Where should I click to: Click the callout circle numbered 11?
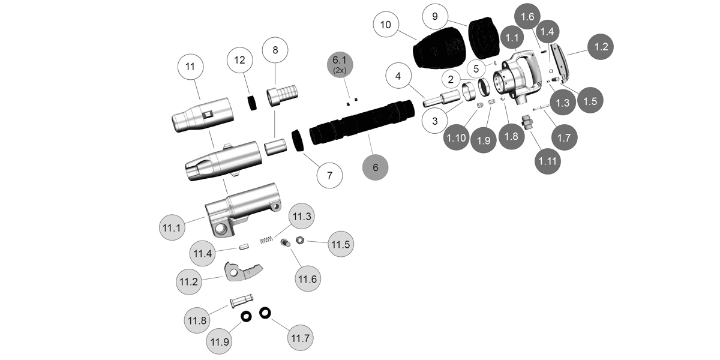click(190, 68)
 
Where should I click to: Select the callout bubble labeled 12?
click(240, 60)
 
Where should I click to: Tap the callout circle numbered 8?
click(275, 50)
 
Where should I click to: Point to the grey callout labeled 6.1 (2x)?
click(341, 63)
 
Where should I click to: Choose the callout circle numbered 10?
click(386, 25)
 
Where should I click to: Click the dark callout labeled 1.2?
click(601, 46)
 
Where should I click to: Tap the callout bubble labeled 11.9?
click(220, 342)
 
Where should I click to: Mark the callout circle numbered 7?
click(329, 176)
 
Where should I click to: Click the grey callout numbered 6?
click(376, 167)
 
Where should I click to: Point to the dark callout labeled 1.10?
click(457, 137)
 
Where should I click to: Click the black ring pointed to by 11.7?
click(265, 313)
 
